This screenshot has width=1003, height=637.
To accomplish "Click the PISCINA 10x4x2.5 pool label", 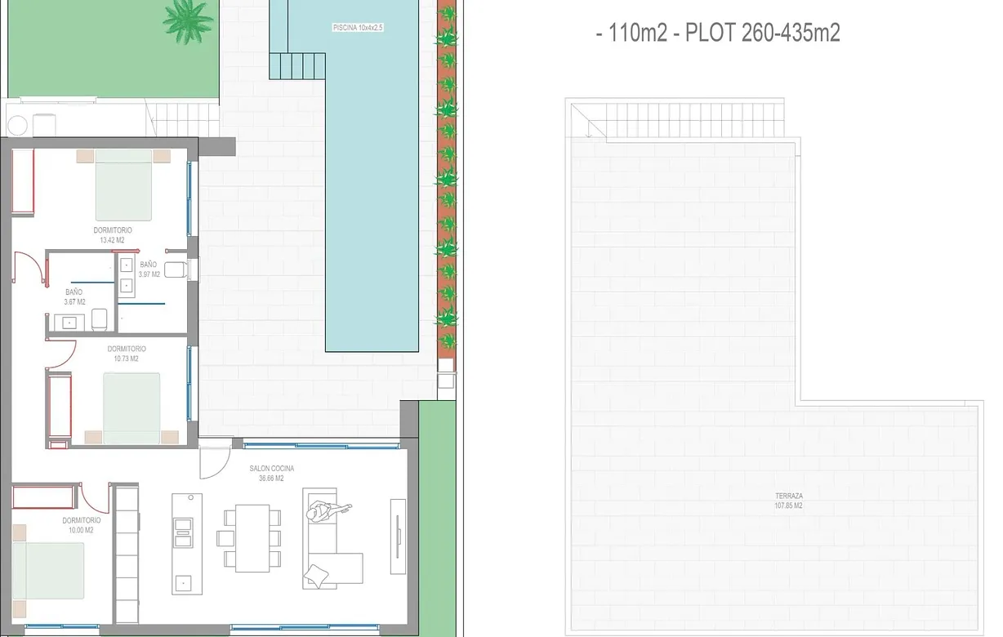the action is pyautogui.click(x=358, y=28).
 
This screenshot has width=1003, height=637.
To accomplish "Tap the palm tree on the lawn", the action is pyautogui.click(x=188, y=20).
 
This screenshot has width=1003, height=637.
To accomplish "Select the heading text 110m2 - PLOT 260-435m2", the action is pyautogui.click(x=724, y=33).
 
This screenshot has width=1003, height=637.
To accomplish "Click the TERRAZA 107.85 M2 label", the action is pyautogui.click(x=788, y=501).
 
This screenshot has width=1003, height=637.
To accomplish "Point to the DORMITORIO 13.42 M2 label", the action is pyautogui.click(x=113, y=235).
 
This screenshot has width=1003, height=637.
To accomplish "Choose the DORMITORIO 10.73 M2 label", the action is pyautogui.click(x=127, y=354).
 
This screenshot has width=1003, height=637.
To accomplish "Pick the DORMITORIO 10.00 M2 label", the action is pyautogui.click(x=81, y=525).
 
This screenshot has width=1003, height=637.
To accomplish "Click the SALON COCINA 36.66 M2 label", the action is pyautogui.click(x=271, y=473).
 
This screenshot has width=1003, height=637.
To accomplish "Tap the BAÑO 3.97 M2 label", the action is pyautogui.click(x=149, y=269).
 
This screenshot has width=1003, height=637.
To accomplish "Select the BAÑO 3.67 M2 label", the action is pyautogui.click(x=74, y=296).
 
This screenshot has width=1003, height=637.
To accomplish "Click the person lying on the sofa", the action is pyautogui.click(x=328, y=510).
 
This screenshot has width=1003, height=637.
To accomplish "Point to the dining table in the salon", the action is pyautogui.click(x=252, y=538).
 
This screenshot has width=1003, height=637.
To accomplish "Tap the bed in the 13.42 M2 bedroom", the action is pyautogui.click(x=123, y=185).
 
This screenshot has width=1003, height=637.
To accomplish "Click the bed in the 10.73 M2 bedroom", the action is pyautogui.click(x=132, y=408).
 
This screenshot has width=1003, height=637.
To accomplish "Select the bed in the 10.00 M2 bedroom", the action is pyautogui.click(x=48, y=571).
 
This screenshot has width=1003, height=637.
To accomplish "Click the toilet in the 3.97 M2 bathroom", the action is pyautogui.click(x=176, y=269).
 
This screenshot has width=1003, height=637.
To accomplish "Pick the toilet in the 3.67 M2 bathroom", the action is pyautogui.click(x=99, y=320).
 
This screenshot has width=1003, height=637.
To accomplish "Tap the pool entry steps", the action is pyautogui.click(x=297, y=66).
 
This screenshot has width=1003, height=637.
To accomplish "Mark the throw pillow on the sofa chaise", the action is pyautogui.click(x=317, y=576).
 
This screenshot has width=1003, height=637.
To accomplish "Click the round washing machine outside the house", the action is pyautogui.click(x=18, y=125).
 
